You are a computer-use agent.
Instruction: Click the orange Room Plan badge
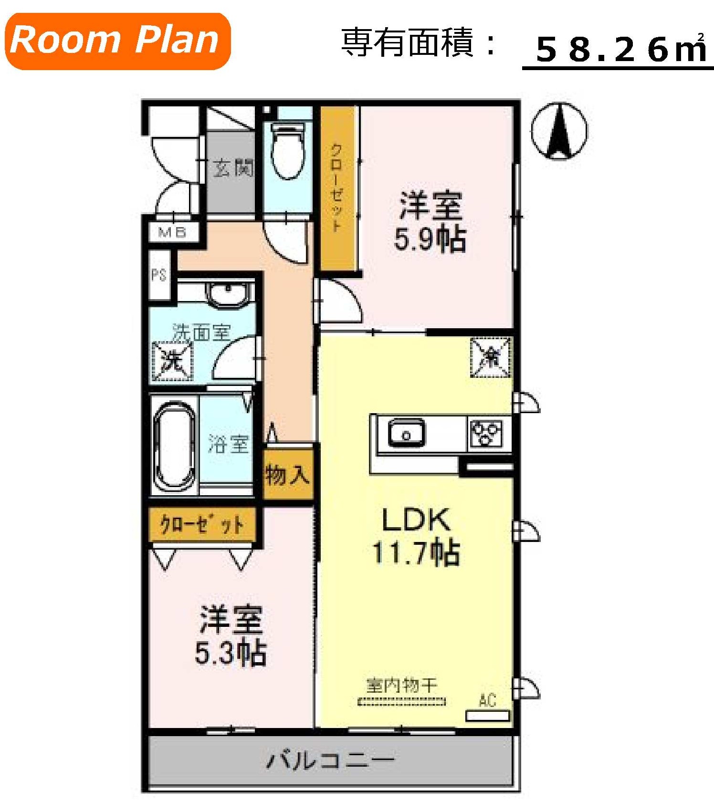coord(117,41)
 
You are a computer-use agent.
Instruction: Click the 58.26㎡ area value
coord(620,50)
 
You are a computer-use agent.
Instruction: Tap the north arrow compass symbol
coord(559,131)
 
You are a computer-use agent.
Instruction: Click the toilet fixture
coord(287,150)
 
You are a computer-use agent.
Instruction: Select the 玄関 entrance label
coord(232,168)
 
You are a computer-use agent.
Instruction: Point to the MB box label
coord(172,232)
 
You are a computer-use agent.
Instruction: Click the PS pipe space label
coord(159,275)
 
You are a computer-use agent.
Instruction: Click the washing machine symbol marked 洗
coord(172,362)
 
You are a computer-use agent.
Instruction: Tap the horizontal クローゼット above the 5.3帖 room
coord(201,525)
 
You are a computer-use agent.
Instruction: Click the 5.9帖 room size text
coord(430,239)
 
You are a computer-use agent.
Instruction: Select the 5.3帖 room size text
coord(231,653)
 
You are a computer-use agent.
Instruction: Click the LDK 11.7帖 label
coord(415,537)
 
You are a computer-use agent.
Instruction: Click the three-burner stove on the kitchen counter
coord(486,433)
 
